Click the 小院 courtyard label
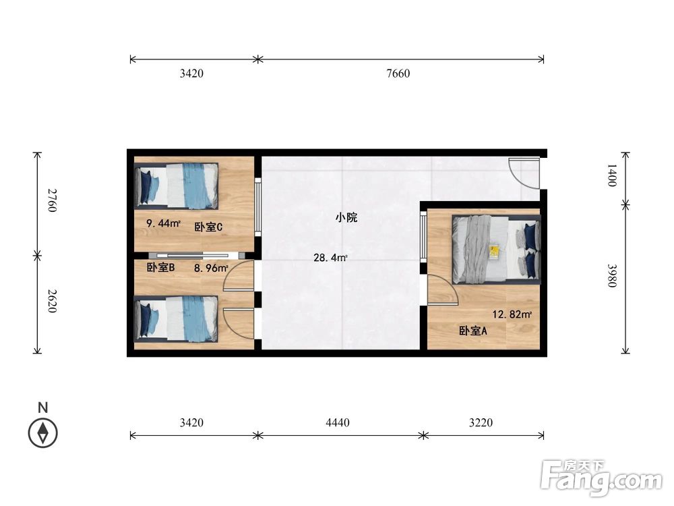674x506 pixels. pyautogui.click(x=346, y=217)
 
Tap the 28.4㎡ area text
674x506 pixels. pyautogui.click(x=330, y=257)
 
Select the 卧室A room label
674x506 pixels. pyautogui.click(x=473, y=331)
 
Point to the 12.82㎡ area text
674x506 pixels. pyautogui.click(x=512, y=314)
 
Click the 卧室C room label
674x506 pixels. pyautogui.click(x=208, y=227)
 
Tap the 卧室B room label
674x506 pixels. pyautogui.click(x=161, y=267)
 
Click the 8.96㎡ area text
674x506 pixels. pyautogui.click(x=212, y=268)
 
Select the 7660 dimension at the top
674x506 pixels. pyautogui.click(x=398, y=74)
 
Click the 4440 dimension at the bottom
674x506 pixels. pyautogui.click(x=337, y=423)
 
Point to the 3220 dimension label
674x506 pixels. pyautogui.click(x=481, y=423)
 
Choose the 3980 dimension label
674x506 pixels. pyautogui.click(x=611, y=276)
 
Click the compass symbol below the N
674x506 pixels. pyautogui.click(x=43, y=432)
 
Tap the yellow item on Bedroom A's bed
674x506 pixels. pyautogui.click(x=494, y=252)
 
